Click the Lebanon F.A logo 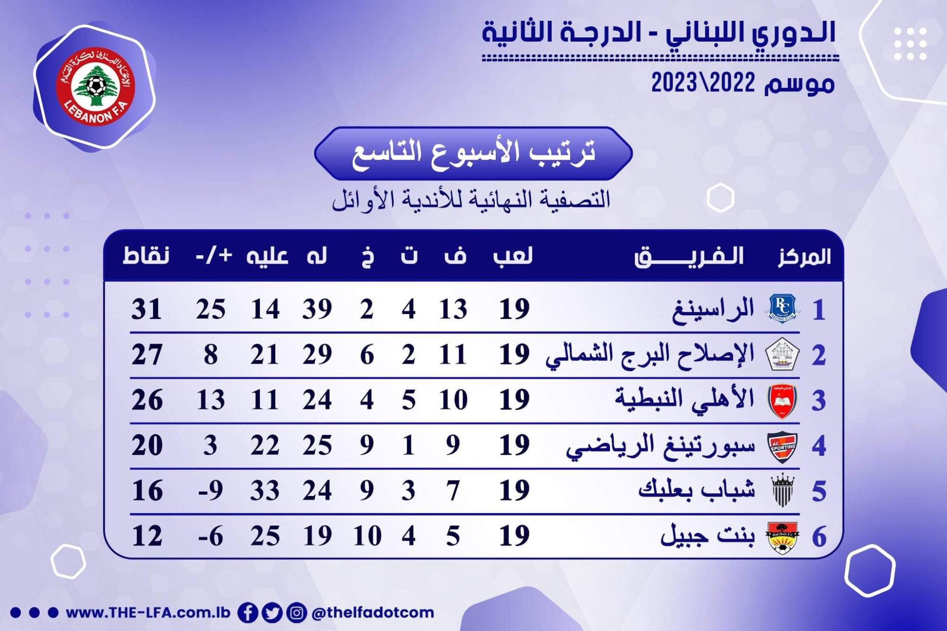96,87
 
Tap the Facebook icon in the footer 248,613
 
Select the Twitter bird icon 272,613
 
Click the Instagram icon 296,613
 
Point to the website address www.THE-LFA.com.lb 148,613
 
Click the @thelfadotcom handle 373,613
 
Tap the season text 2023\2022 703,83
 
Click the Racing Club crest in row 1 782,309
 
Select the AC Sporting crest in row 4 782,446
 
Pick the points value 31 147,310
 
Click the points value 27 147,355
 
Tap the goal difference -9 211,490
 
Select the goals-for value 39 317,310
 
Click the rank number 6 819,537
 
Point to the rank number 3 819,400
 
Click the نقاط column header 146,256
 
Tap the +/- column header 214,256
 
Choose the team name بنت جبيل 707,535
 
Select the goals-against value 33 265,490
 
